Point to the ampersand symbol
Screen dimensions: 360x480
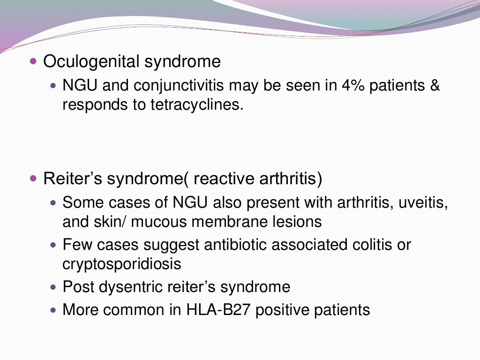[x=435, y=86]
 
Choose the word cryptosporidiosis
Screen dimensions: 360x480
[x=121, y=264]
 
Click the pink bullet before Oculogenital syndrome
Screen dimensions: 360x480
[x=32, y=61]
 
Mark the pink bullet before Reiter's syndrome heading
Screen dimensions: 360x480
[x=32, y=179]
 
